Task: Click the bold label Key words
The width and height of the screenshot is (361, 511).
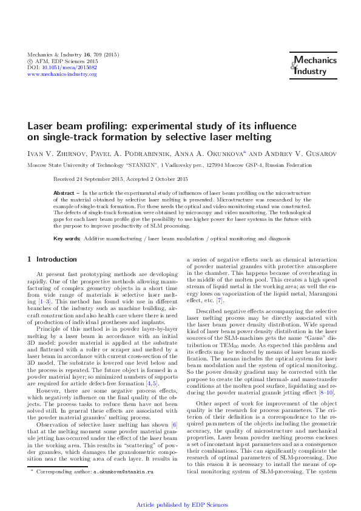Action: click(x=67, y=239)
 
